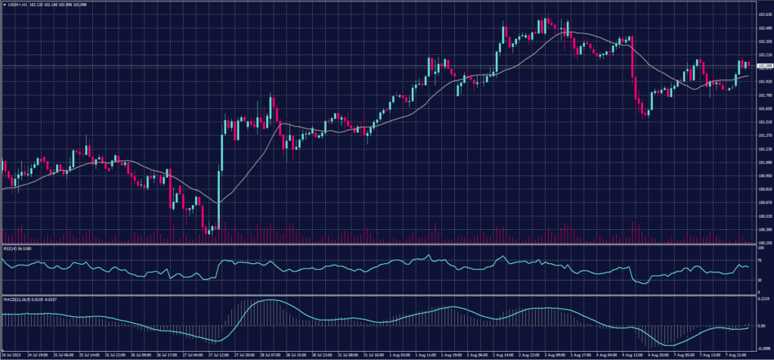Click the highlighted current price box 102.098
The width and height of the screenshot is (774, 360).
(x=764, y=67)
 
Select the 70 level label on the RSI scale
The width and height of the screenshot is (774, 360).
(x=759, y=259)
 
